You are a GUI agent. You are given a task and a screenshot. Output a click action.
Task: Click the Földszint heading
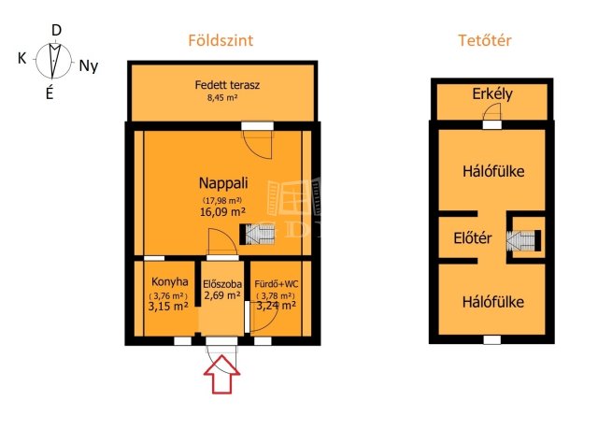(x=221, y=40)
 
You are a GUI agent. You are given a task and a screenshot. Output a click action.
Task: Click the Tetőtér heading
(x=484, y=40)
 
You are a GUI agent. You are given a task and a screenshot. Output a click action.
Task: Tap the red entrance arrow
(x=222, y=374)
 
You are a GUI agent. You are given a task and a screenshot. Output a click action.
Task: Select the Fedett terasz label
(x=227, y=85)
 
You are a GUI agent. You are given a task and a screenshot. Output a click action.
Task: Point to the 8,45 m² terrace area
(x=222, y=97)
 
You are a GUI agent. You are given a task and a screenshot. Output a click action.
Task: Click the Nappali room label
(x=223, y=183)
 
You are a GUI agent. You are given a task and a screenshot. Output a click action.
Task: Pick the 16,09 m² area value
(x=222, y=211)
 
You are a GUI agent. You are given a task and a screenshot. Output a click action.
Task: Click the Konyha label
(x=170, y=282)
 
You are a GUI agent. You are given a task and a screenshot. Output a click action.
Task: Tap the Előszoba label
(x=222, y=284)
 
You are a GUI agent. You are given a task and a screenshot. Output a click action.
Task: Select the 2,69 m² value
(x=222, y=295)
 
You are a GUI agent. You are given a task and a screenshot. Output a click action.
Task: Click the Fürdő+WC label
(x=277, y=284)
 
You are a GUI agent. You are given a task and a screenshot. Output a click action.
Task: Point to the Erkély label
(x=492, y=94)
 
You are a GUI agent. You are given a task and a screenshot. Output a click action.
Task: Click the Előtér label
(x=473, y=238)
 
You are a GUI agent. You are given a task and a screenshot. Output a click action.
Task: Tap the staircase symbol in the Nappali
(x=257, y=235)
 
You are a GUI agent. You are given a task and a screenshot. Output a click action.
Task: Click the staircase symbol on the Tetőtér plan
(x=523, y=240)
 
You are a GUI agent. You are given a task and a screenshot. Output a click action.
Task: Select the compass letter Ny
(x=89, y=66)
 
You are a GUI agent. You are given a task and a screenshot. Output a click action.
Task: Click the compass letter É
(x=50, y=92)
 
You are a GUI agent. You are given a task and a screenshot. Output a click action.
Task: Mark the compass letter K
(x=22, y=58)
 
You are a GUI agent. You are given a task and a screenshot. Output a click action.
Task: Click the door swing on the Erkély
(x=491, y=112)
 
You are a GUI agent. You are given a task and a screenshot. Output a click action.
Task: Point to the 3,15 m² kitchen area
(x=168, y=306)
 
